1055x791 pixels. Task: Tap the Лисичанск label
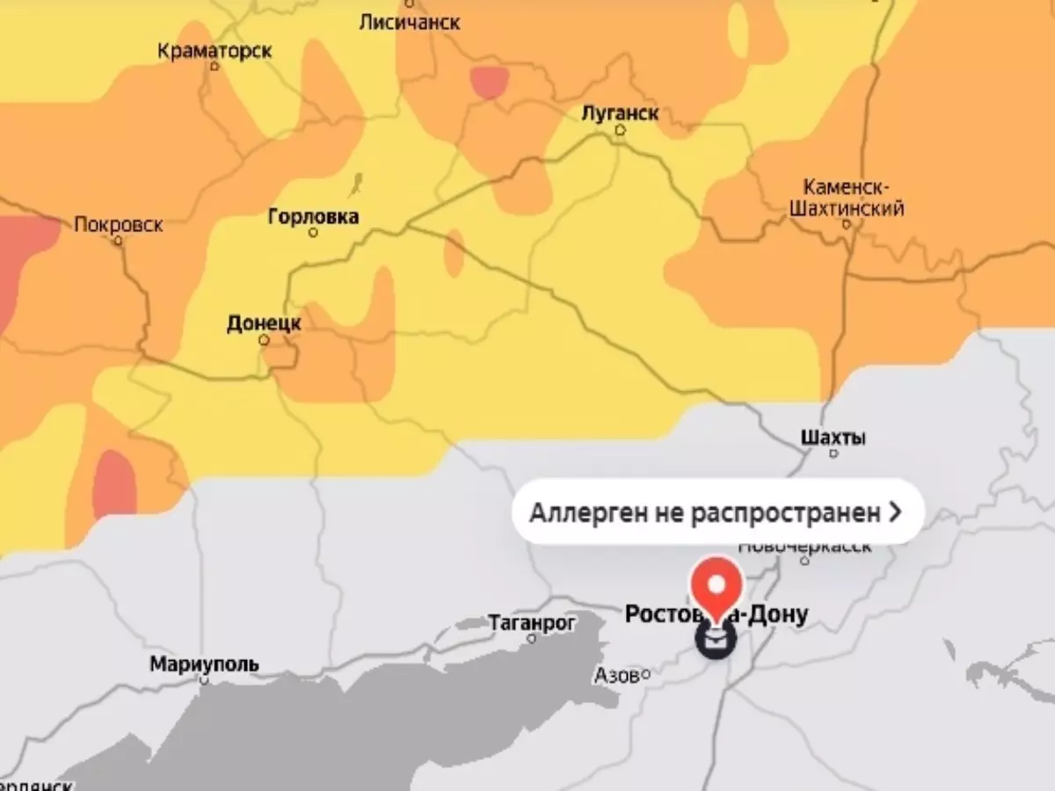click(409, 22)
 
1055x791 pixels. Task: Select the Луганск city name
click(620, 113)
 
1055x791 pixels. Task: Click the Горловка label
click(313, 216)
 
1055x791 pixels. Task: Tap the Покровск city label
click(119, 224)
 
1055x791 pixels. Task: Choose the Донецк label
click(264, 323)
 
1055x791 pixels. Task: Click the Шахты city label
click(833, 437)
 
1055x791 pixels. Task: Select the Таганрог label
click(532, 622)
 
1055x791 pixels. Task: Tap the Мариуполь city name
click(204, 664)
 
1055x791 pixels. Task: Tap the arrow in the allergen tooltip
click(895, 512)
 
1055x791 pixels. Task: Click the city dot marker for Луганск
click(620, 130)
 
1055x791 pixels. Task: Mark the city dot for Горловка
click(313, 233)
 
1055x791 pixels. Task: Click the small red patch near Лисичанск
click(489, 82)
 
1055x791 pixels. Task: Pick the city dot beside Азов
click(645, 674)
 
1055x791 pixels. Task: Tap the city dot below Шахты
click(833, 454)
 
